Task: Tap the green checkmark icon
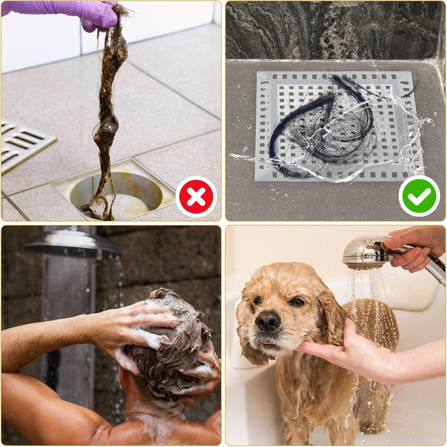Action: pos(419,195)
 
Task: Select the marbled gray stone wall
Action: pos(328,30)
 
